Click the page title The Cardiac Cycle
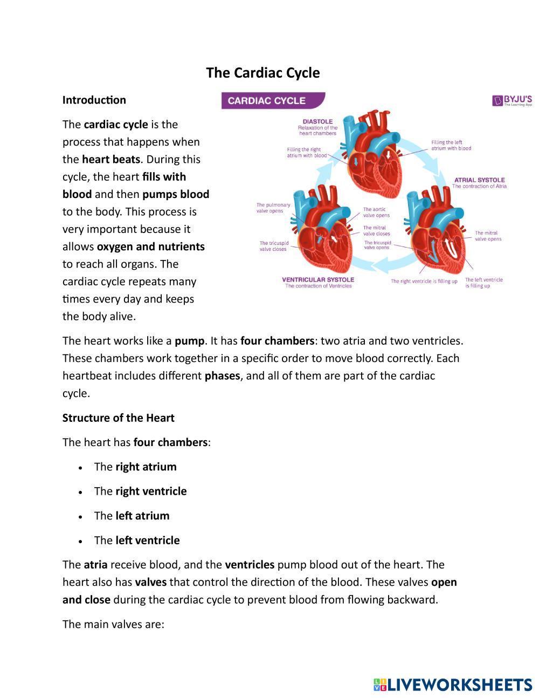click(x=262, y=73)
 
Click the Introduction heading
click(x=94, y=100)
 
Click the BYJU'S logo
click(x=512, y=100)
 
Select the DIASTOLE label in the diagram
click(x=317, y=121)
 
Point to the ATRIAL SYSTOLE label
click(x=479, y=180)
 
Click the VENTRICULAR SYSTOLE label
click(x=318, y=279)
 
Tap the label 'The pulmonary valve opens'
click(x=273, y=208)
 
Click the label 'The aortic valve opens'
click(x=376, y=212)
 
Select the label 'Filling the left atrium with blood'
click(x=451, y=145)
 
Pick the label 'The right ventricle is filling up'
click(x=424, y=281)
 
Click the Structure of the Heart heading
click(x=118, y=418)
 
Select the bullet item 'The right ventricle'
click(x=140, y=491)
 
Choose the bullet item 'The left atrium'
click(x=132, y=516)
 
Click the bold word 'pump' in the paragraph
click(x=189, y=341)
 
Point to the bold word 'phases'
click(x=222, y=376)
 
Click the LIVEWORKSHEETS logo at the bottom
click(x=453, y=685)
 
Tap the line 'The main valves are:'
click(x=113, y=624)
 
